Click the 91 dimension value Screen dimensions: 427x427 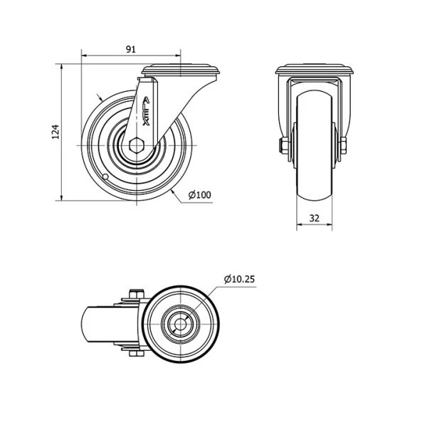coord(131,49)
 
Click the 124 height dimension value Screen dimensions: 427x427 coord(56,132)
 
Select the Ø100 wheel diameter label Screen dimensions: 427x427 coord(200,195)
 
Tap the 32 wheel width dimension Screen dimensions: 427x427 coord(315,218)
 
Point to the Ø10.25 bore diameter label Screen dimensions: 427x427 coord(240,279)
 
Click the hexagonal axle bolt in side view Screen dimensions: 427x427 coord(137,145)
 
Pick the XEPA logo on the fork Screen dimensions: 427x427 coord(146,112)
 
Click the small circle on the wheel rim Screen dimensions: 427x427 coord(105,177)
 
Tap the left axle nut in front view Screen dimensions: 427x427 coord(284,146)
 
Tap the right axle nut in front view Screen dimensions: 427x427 coord(343,146)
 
